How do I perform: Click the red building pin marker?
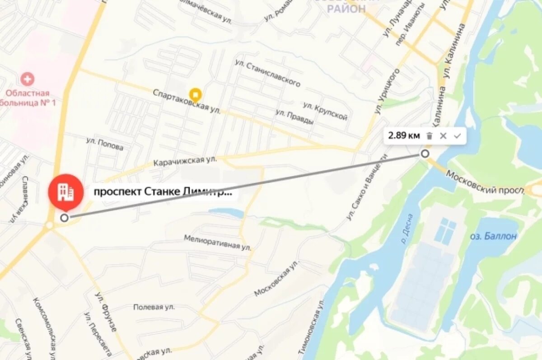pyautogui.click(x=66, y=191)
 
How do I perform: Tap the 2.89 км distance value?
pyautogui.click(x=404, y=136)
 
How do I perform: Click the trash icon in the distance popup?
pyautogui.click(x=430, y=136)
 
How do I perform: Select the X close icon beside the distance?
pyautogui.click(x=443, y=136)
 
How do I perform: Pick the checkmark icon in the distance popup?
pyautogui.click(x=457, y=136)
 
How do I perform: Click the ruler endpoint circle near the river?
pyautogui.click(x=425, y=154)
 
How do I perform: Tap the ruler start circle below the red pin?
pyautogui.click(x=65, y=218)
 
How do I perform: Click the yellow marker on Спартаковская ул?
pyautogui.click(x=195, y=94)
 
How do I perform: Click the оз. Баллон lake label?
pyautogui.click(x=493, y=236)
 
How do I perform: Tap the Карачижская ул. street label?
pyautogui.click(x=185, y=160)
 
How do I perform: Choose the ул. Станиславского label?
pyautogui.click(x=267, y=73)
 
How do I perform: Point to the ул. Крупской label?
pyautogui.click(x=325, y=111)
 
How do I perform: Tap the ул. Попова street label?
pyautogui.click(x=104, y=144)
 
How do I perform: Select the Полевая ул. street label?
pyautogui.click(x=154, y=307)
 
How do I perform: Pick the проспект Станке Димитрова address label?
pyautogui.click(x=163, y=192)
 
